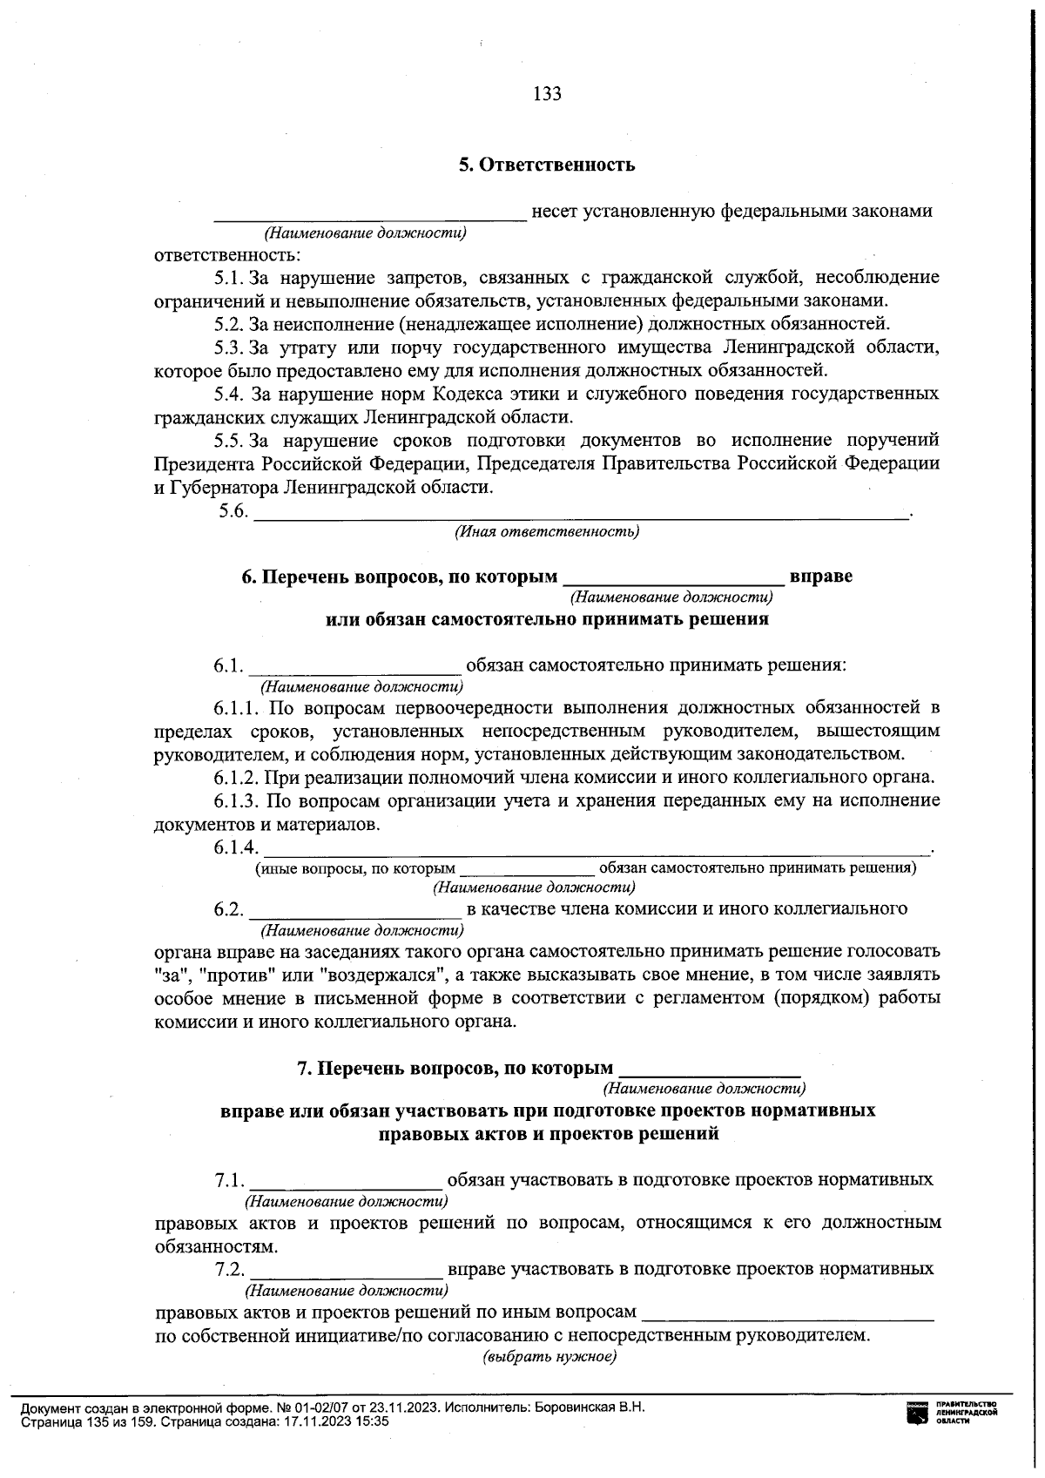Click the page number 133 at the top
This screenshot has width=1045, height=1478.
pos(547,94)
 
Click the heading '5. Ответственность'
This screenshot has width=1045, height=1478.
pos(547,165)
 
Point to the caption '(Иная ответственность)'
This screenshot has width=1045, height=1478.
pos(547,531)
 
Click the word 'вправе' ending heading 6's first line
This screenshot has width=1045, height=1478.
pos(820,577)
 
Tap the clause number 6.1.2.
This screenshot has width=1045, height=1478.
pos(237,777)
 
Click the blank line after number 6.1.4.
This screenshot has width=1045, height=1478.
pos(597,847)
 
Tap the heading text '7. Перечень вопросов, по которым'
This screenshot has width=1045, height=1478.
pos(455,1069)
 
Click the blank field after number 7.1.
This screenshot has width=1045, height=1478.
pos(346,1182)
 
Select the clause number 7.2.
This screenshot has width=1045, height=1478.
pos(230,1270)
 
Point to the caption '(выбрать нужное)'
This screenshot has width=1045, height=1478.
pos(549,1358)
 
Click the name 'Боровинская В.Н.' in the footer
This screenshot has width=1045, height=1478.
pos(590,1407)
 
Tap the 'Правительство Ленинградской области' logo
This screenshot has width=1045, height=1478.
pos(951,1413)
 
